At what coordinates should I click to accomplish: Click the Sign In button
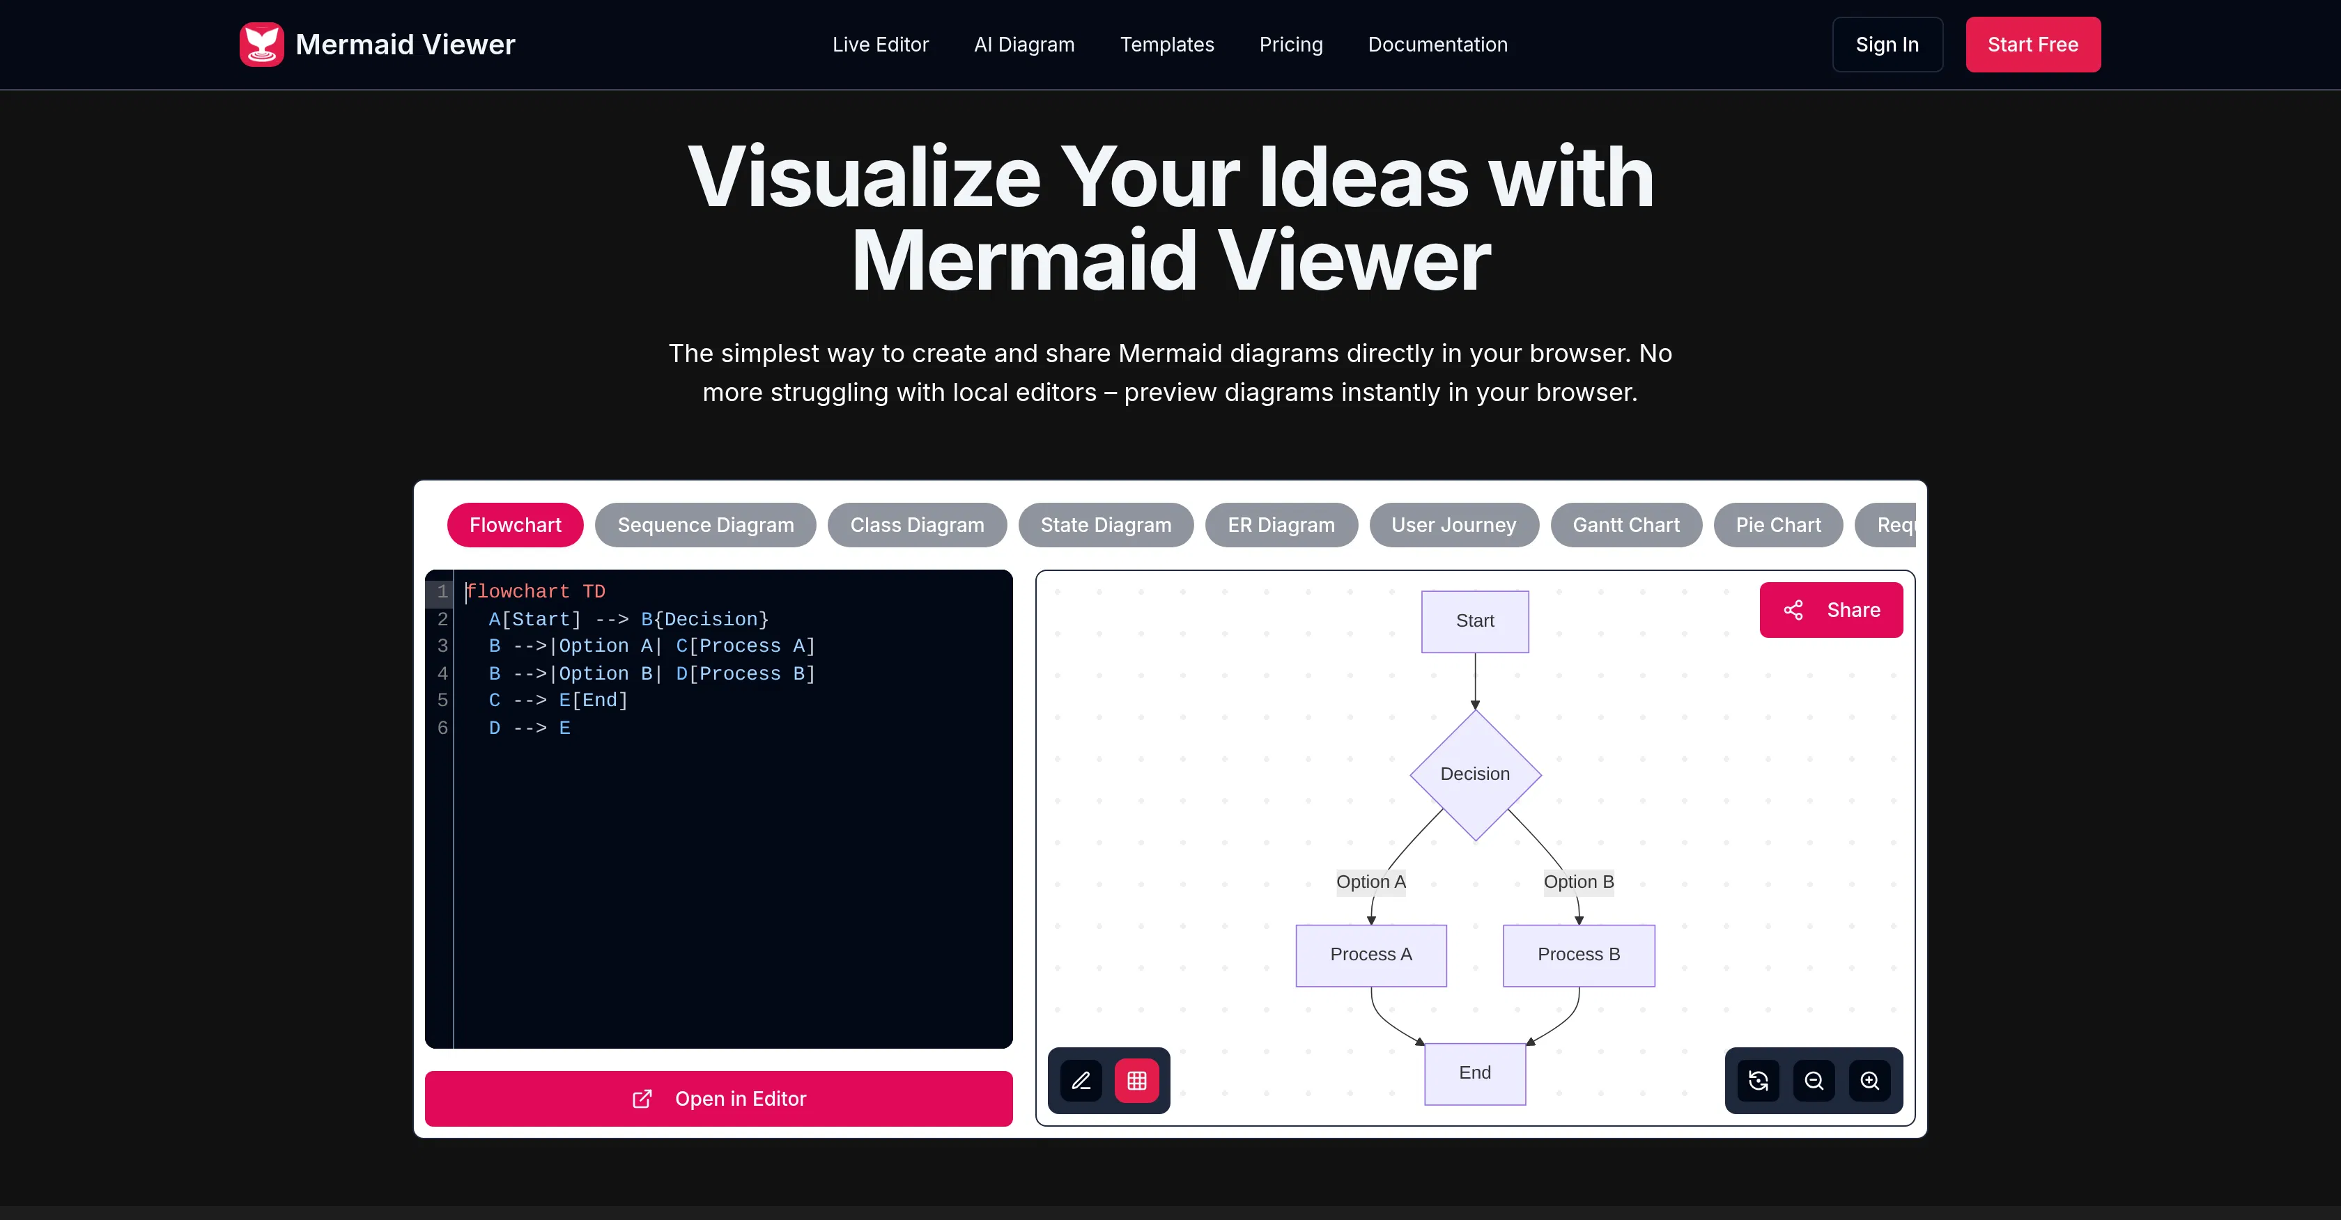1887,45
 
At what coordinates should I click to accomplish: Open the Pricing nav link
1290,45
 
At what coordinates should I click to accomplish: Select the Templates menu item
1167,45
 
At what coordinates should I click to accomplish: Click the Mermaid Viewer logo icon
262,45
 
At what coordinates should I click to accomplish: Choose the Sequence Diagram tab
705,525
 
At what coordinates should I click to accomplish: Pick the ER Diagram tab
1281,525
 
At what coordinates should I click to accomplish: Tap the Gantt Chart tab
1625,525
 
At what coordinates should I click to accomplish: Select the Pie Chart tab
1777,525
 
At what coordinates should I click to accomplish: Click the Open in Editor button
718,1098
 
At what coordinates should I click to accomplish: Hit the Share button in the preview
1830,609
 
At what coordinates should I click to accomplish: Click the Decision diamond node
1475,774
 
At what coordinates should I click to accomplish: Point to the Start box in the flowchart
1475,621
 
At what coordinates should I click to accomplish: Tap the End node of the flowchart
1475,1073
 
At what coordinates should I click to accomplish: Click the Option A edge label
1370,881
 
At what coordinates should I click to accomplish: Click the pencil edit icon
1081,1081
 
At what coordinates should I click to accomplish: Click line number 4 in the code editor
442,673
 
